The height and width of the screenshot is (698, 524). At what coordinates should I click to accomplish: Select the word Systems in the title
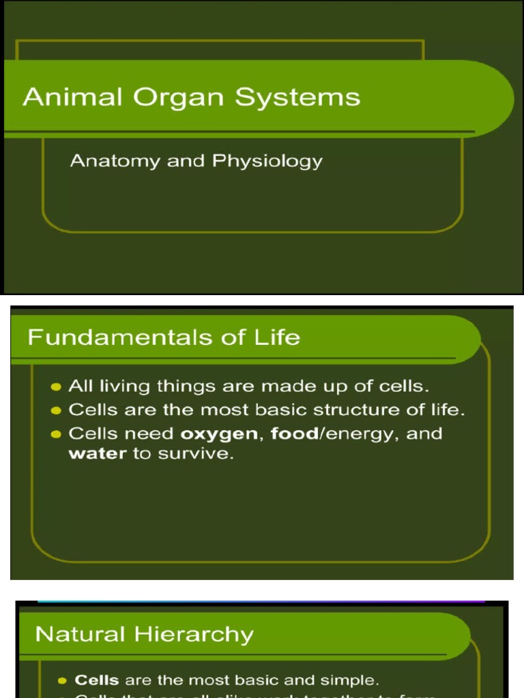[x=297, y=97]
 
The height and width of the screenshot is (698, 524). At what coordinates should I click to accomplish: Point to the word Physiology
[x=267, y=162]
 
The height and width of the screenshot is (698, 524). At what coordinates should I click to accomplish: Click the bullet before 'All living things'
[x=57, y=387]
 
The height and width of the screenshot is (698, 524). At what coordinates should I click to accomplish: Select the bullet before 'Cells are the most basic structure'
[x=57, y=411]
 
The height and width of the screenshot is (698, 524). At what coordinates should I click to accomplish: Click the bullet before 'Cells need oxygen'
[x=57, y=434]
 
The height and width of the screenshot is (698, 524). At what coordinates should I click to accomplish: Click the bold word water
[x=98, y=454]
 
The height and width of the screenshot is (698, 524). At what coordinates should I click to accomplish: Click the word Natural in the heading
[x=79, y=635]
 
